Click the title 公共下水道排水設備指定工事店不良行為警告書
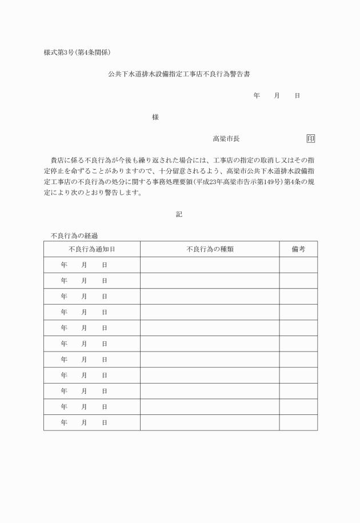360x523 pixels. click(x=180, y=74)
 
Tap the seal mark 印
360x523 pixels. click(x=311, y=138)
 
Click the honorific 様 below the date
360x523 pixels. click(x=155, y=117)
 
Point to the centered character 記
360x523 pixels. click(x=179, y=214)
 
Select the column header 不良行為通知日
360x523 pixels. click(x=91, y=249)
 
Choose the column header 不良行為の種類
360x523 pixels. click(x=210, y=249)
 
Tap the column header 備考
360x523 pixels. click(x=298, y=249)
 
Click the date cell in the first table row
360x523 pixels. click(x=91, y=265)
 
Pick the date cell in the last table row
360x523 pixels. click(x=91, y=422)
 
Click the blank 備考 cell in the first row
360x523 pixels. click(x=298, y=265)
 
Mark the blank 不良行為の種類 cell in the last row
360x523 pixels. click(x=210, y=422)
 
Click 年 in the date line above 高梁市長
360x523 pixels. click(x=257, y=95)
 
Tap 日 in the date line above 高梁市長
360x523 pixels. click(x=297, y=95)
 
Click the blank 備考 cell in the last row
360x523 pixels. click(x=298, y=422)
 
